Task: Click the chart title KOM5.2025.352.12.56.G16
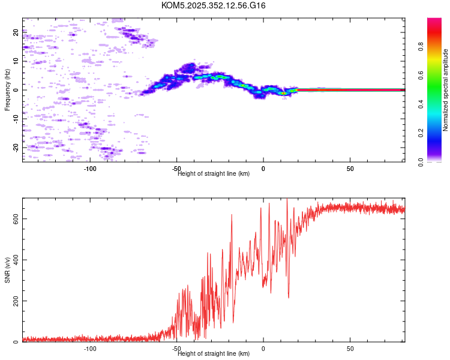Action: coord(214,5)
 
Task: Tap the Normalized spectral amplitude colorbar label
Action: coord(446,90)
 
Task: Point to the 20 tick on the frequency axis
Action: coord(16,33)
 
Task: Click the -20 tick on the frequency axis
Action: coord(15,147)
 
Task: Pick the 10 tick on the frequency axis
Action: coord(16,61)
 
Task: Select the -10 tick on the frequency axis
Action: coord(15,119)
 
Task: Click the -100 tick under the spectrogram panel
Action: coord(90,169)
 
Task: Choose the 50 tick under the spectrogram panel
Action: coord(350,169)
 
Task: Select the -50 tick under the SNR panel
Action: coord(176,349)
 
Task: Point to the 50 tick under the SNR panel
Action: coord(350,349)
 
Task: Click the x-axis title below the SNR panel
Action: coord(214,354)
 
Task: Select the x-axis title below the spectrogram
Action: coord(214,174)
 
